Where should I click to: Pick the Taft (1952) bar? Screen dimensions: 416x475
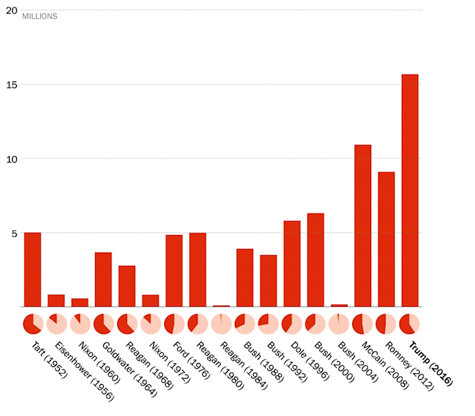33,269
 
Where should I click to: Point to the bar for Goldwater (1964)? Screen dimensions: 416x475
103,279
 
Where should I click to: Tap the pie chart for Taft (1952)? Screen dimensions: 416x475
33,324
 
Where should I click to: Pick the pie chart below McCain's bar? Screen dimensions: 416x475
362,324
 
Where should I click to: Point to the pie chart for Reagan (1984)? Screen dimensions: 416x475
221,324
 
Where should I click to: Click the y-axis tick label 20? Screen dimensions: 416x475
10,10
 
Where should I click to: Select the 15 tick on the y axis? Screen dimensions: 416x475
10,85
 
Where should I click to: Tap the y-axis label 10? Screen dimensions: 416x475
10,159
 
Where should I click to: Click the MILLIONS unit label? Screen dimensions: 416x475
40,16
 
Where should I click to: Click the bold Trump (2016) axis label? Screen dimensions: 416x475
434,364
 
